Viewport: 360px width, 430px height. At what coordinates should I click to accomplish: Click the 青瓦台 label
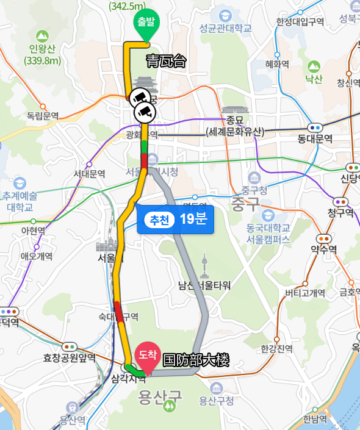click(x=165, y=61)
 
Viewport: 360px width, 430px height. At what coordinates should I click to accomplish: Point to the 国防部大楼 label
click(x=195, y=360)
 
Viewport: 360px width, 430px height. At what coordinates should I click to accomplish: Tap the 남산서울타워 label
click(x=204, y=285)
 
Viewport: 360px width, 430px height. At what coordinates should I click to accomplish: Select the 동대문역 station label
click(x=315, y=138)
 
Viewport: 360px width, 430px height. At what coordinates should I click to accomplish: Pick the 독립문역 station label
click(x=43, y=115)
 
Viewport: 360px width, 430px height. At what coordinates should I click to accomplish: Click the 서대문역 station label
click(x=90, y=174)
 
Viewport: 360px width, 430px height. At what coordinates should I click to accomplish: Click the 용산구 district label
click(x=160, y=398)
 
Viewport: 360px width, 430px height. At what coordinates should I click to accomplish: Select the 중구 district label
click(x=245, y=204)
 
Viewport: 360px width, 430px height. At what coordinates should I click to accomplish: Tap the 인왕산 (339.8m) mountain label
click(x=42, y=55)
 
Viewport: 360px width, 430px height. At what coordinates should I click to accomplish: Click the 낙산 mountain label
click(x=314, y=79)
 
